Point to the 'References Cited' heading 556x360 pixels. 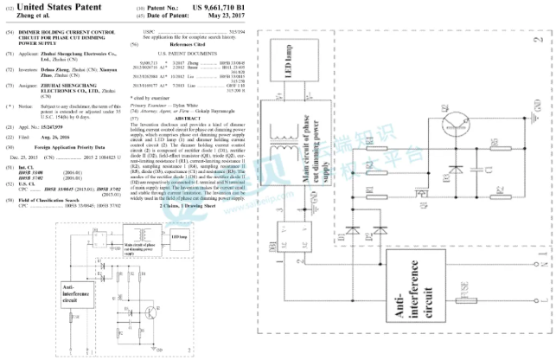pos(198,45)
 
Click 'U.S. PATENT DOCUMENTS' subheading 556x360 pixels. pos(197,55)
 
